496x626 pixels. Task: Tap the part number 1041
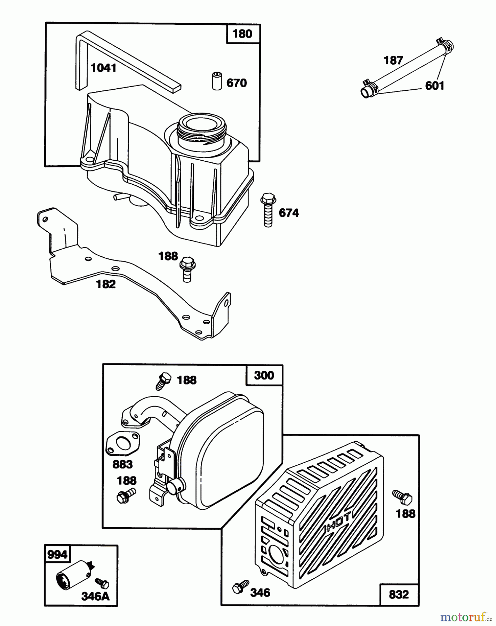[104, 68]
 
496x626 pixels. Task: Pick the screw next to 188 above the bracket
[186, 269]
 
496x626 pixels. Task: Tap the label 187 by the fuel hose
[393, 61]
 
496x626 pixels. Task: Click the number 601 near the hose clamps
[435, 86]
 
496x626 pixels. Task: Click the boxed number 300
[264, 375]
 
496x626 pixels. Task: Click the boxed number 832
[399, 594]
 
